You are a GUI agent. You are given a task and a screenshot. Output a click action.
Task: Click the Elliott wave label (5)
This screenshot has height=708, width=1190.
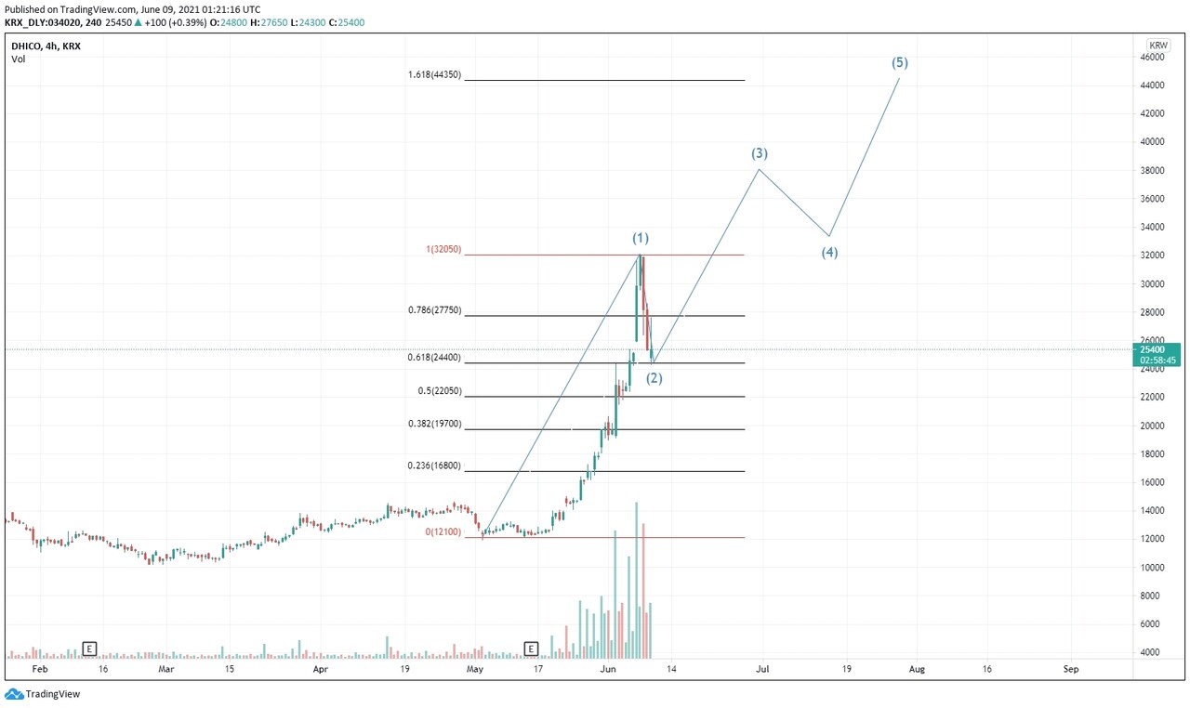tap(899, 63)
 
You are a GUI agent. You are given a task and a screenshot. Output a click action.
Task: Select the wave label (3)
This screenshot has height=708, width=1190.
tap(760, 153)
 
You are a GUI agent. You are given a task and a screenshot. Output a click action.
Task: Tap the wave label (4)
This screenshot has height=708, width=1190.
tap(829, 252)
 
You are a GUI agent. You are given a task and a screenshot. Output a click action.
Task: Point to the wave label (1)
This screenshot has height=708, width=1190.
tap(641, 239)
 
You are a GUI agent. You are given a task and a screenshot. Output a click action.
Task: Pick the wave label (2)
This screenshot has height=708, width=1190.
tap(654, 378)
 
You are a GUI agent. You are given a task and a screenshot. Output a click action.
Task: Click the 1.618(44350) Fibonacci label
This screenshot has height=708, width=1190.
tap(434, 75)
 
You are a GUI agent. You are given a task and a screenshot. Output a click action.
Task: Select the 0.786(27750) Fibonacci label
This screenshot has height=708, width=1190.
tap(434, 310)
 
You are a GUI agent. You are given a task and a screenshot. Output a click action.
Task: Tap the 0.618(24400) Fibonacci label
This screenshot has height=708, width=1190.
tap(434, 358)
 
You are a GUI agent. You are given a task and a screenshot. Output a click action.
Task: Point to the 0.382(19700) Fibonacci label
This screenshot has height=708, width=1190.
tap(434, 424)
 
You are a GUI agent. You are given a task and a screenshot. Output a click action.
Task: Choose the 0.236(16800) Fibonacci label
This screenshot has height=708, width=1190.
tap(434, 466)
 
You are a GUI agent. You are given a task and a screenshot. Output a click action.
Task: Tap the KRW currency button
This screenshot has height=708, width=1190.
tap(1158, 45)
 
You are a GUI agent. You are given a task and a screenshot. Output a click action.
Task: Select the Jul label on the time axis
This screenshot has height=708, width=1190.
tap(762, 668)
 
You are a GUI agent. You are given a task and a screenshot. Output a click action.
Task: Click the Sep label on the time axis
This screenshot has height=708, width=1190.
tap(1071, 668)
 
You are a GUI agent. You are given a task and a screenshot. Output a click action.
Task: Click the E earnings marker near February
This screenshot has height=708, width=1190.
tap(90, 648)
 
